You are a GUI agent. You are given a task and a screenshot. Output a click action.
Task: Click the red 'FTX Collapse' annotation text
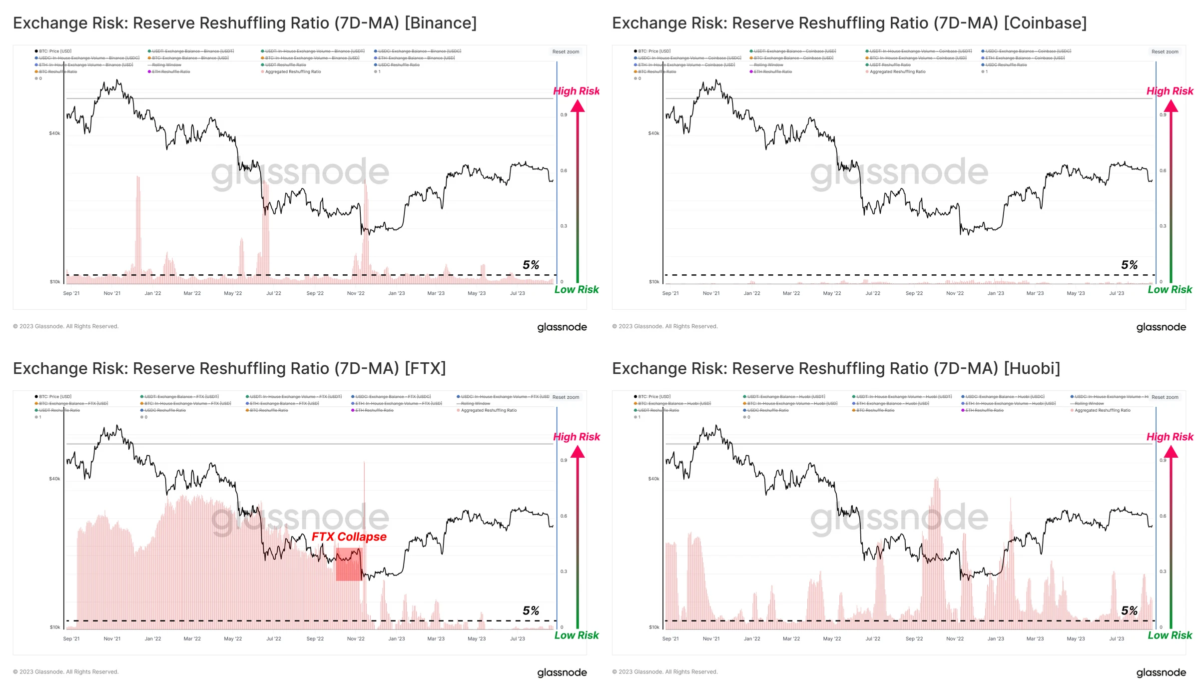point(349,537)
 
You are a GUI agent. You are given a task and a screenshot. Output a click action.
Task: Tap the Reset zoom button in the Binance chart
point(566,52)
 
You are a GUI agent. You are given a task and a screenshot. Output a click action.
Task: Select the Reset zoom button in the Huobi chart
point(1165,397)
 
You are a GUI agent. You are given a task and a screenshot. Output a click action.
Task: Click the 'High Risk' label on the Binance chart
point(576,91)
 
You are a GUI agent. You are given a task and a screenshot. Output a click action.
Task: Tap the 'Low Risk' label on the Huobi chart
point(1170,635)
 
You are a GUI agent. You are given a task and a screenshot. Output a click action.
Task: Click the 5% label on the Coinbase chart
point(1129,265)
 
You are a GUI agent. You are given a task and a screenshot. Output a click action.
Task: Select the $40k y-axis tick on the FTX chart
point(54,479)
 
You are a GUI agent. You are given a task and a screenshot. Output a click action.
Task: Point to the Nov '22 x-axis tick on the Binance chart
point(356,293)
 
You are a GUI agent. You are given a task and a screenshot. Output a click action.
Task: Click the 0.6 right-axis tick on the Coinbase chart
point(1163,170)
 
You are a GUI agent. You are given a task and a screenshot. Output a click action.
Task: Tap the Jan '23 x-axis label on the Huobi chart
point(995,639)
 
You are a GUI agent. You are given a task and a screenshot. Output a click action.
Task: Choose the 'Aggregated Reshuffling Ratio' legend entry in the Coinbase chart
point(897,72)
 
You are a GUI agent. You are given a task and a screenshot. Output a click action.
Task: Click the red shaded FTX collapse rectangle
point(349,565)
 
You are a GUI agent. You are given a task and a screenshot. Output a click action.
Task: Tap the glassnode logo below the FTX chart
point(562,673)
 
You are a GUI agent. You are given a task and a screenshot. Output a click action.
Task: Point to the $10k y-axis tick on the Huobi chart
point(653,627)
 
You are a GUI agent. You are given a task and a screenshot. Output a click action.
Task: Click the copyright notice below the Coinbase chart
point(664,326)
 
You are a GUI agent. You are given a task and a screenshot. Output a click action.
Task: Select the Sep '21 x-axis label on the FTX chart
point(71,639)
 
